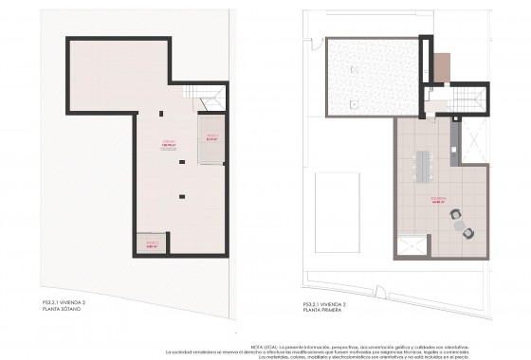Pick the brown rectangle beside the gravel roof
tap(439, 66)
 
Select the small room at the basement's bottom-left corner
tap(150, 243)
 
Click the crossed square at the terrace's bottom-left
tap(412, 247)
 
